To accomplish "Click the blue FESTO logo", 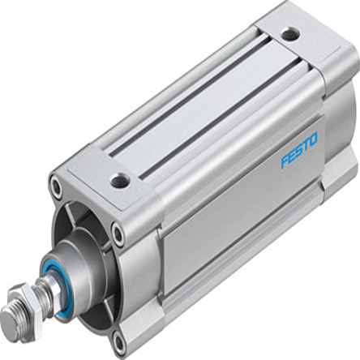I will pos(299,150).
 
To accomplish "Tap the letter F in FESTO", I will pos(285,161).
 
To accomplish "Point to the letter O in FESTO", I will pos(314,139).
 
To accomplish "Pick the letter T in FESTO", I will pos(306,144).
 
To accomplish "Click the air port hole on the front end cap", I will pos(120,179).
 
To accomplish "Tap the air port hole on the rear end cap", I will pos(289,34).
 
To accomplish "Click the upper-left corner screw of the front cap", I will pos(55,187).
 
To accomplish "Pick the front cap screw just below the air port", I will pos(118,235).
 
